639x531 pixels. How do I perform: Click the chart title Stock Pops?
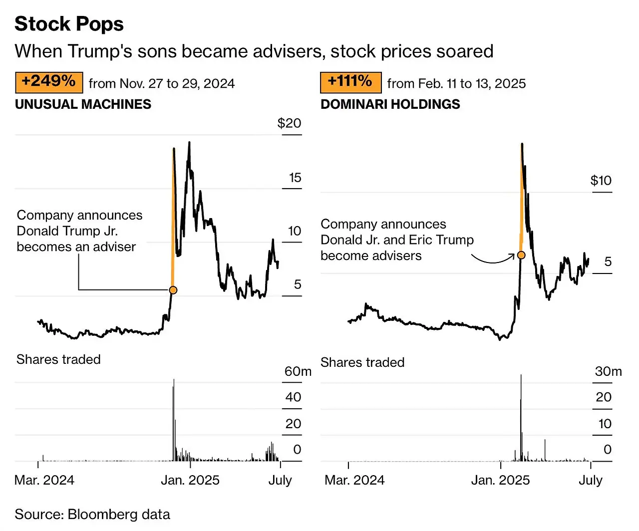pos(69,24)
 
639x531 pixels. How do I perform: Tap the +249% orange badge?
pos(49,82)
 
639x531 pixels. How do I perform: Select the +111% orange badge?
pos(350,82)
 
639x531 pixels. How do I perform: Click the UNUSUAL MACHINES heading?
pos(83,104)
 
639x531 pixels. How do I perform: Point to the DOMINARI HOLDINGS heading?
pos(390,104)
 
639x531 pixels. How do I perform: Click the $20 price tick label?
pos(289,123)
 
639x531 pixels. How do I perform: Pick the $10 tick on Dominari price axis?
pos(601,181)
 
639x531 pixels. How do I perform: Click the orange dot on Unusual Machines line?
pos(173,290)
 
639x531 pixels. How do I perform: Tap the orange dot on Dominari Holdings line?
pos(521,255)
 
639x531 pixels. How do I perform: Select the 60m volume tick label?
pos(298,371)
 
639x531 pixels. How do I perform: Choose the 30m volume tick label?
pos(608,371)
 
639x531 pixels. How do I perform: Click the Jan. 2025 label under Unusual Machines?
pos(190,480)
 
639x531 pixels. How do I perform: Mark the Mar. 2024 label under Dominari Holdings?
pos(354,480)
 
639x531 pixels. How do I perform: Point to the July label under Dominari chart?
pos(590,480)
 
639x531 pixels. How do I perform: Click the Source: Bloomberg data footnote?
pos(92,515)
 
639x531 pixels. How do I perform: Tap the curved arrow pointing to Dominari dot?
pos(492,259)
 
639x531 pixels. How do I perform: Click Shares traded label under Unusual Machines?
pos(58,359)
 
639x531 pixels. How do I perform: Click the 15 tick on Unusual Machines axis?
pos(295,178)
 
